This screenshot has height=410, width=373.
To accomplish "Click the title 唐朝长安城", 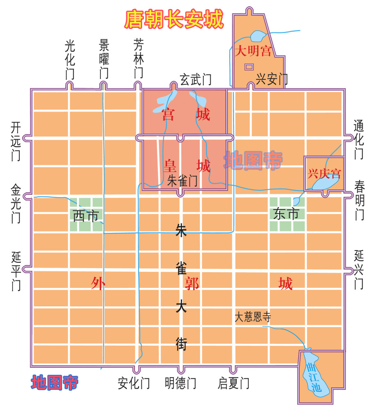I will click(175, 20).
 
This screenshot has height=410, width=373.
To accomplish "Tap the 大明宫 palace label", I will click(253, 51).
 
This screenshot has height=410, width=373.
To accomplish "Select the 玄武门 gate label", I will click(196, 79).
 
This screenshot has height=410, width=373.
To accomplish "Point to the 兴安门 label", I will click(271, 79).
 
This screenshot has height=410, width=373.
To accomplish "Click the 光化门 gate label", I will click(70, 59).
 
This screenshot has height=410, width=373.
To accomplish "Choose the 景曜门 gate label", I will click(104, 59).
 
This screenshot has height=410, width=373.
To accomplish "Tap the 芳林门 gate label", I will click(139, 59).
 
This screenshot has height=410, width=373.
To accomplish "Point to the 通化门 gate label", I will click(359, 140).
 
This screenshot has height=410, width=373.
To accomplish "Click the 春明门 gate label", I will click(359, 200).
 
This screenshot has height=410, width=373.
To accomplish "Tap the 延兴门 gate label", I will click(359, 270).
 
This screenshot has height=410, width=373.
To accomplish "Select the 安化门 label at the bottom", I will click(134, 383).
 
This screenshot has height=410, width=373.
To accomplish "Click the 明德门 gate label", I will click(180, 383).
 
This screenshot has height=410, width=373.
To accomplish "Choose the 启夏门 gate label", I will click(233, 383).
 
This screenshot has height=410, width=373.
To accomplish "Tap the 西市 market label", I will click(86, 216).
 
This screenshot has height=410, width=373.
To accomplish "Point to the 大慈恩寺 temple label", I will click(253, 317).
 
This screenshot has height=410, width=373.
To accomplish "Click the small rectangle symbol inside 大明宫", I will click(249, 66).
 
